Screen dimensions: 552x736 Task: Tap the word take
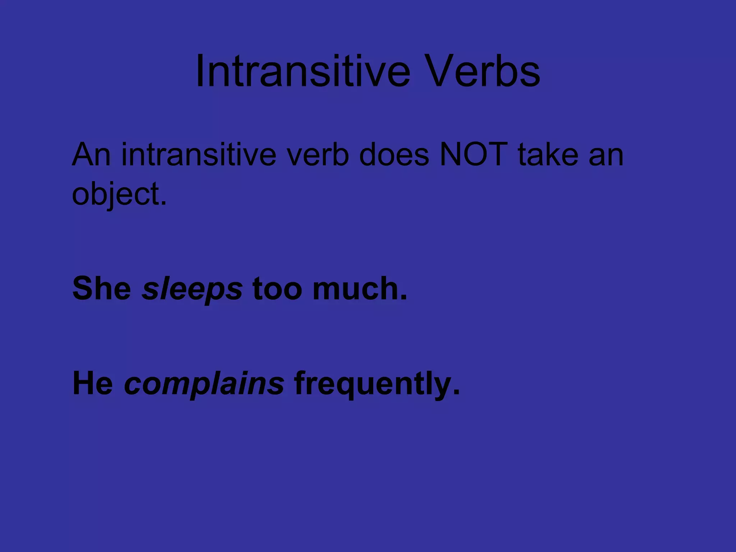click(x=548, y=155)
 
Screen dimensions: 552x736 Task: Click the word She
click(x=102, y=288)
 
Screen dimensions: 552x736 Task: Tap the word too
click(x=277, y=289)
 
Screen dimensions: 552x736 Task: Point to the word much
click(x=356, y=288)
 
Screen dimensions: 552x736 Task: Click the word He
click(x=93, y=383)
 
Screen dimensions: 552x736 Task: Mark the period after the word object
click(x=164, y=203)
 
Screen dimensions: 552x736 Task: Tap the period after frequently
click(x=456, y=392)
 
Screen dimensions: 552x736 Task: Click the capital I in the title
click(x=200, y=71)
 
